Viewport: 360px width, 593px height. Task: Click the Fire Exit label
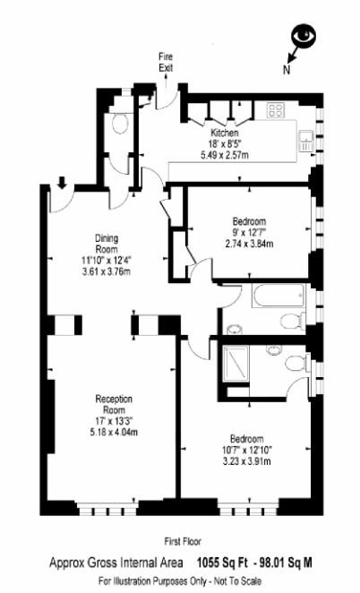166,62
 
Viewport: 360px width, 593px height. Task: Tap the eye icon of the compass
304,36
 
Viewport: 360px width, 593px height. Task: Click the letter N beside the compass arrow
287,70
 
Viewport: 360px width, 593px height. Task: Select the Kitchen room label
225,133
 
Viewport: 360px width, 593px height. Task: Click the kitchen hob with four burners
275,110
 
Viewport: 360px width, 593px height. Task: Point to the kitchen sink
306,141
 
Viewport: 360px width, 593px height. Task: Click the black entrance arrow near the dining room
63,183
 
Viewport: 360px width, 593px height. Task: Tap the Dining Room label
107,244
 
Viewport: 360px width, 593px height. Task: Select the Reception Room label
114,404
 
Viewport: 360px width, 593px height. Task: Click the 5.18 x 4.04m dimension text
114,432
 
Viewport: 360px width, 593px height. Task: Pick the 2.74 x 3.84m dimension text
249,243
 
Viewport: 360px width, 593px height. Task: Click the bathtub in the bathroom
279,296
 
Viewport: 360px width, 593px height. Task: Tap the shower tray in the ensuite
236,363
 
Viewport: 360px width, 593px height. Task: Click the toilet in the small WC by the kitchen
121,123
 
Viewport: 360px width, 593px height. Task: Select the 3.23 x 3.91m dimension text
247,461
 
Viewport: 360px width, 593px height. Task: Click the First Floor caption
183,541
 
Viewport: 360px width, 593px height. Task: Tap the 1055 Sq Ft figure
223,563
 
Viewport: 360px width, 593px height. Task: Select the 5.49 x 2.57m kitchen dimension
225,154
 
